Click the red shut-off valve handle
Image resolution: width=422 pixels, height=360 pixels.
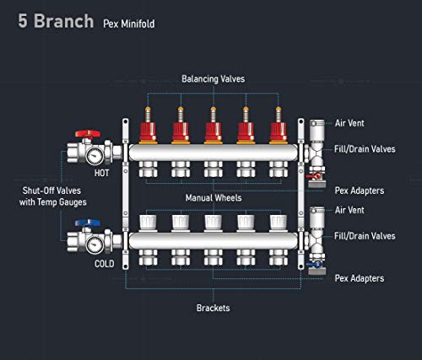[88, 133]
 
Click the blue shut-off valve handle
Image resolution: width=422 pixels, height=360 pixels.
[88, 223]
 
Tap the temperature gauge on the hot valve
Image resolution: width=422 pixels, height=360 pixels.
[95, 156]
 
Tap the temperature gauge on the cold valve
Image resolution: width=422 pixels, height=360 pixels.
[95, 245]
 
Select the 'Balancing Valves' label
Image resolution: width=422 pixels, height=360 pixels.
[214, 79]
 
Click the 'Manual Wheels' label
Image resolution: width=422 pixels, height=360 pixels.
[214, 198]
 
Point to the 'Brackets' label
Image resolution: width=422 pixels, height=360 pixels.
[214, 308]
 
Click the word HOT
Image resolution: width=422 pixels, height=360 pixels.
[101, 173]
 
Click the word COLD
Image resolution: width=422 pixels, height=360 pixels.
[105, 264]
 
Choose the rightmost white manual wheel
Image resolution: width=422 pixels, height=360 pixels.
[279, 223]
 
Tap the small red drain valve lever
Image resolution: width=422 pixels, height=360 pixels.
[314, 176]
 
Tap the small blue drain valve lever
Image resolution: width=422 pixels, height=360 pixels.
[314, 264]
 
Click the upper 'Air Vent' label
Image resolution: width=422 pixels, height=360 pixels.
[349, 123]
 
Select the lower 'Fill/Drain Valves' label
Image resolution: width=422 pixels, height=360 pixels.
[365, 236]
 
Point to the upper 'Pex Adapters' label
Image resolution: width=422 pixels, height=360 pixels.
[360, 191]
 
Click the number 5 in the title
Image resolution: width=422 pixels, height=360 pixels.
[23, 21]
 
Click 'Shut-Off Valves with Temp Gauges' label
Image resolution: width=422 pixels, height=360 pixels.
[52, 196]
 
